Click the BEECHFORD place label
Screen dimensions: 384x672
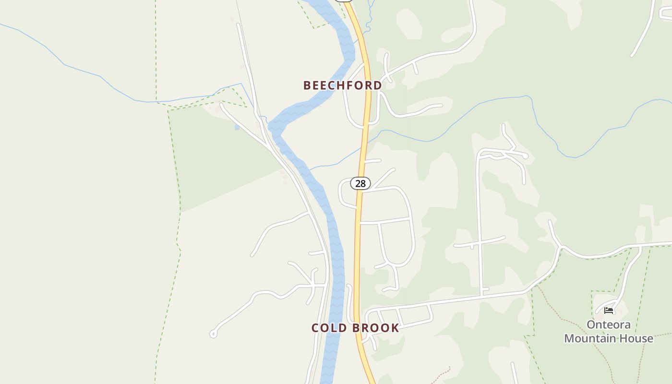click(x=342, y=85)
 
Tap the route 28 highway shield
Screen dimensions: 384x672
click(x=360, y=183)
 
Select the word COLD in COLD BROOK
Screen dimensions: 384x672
click(x=329, y=328)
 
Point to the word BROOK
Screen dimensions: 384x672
click(x=376, y=328)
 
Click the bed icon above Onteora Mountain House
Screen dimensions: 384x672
click(x=609, y=310)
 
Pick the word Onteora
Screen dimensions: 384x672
click(x=609, y=325)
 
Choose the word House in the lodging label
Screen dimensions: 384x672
click(x=639, y=338)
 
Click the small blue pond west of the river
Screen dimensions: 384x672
click(x=237, y=127)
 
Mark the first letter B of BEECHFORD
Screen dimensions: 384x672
click(x=307, y=85)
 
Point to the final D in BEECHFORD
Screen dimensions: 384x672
click(x=378, y=85)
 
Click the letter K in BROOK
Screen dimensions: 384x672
click(x=395, y=328)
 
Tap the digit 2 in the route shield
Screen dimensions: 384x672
click(x=357, y=183)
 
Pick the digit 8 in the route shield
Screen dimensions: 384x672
click(x=363, y=183)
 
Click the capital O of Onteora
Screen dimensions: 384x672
click(x=591, y=325)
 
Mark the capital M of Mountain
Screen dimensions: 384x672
click(x=569, y=338)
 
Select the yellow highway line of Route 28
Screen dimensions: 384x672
click(x=357, y=250)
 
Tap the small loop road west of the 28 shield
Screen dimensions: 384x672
click(x=342, y=192)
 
